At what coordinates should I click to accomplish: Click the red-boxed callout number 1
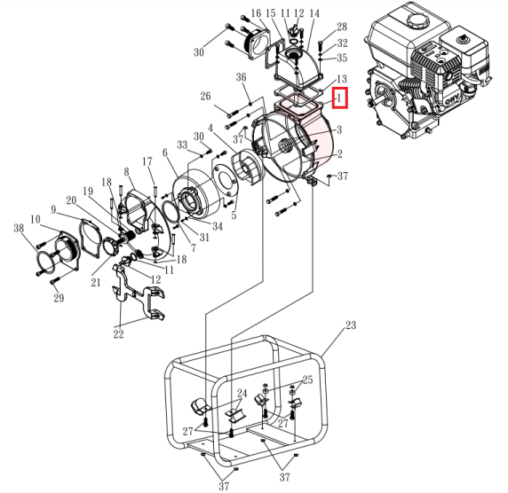tap(339, 98)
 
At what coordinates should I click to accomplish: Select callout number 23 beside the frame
tap(351, 325)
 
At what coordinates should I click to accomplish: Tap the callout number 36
tap(241, 77)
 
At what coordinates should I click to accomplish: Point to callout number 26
tap(205, 96)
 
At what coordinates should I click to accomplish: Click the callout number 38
tap(19, 228)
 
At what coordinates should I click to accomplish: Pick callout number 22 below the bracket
tap(119, 334)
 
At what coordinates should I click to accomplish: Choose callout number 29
tap(59, 298)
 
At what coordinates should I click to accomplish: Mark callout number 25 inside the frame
tap(307, 380)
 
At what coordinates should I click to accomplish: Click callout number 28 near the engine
tap(342, 27)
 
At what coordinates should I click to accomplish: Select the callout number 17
tap(147, 161)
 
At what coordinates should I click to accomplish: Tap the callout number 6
tap(165, 153)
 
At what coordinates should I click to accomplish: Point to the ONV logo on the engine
tap(453, 99)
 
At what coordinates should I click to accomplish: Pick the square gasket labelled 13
tap(298, 92)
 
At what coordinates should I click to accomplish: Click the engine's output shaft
tap(379, 99)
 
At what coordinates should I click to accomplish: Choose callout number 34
tap(218, 226)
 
